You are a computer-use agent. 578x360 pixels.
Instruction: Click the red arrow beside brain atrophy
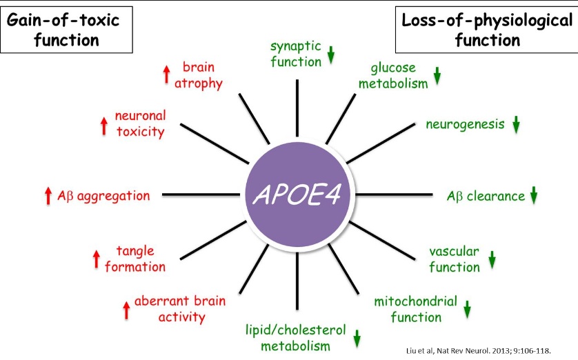(166, 75)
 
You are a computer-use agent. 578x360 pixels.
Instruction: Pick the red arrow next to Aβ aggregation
(48, 196)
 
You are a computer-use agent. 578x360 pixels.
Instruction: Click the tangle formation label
(135, 259)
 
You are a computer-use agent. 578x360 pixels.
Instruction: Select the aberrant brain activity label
(170, 309)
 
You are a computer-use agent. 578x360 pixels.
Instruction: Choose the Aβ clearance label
(486, 196)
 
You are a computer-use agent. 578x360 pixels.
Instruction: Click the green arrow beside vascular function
(492, 260)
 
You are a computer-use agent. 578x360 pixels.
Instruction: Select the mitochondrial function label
(415, 309)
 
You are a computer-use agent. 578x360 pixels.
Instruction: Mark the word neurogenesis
(466, 125)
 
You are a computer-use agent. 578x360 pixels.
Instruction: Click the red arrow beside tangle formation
(96, 259)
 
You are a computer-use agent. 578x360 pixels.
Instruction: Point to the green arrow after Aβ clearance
(532, 196)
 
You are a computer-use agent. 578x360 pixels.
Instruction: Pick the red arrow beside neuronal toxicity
(103, 125)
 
